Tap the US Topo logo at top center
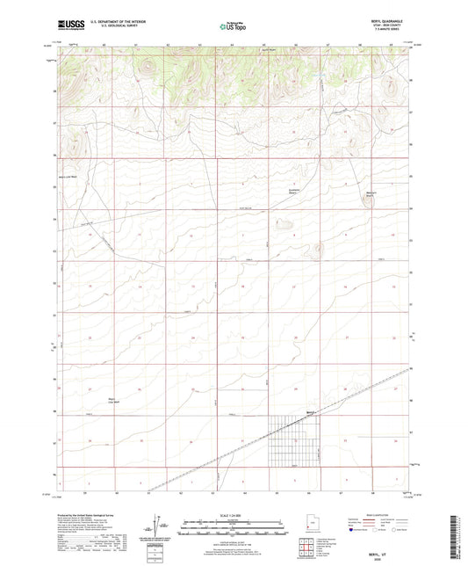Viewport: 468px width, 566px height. pyautogui.click(x=234, y=27)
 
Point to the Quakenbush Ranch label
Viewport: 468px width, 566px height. pyautogui.click(x=297, y=192)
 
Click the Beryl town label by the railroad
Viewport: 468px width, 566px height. pyautogui.click(x=310, y=411)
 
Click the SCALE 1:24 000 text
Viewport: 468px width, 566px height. pyautogui.click(x=233, y=514)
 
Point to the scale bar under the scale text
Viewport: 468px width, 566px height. pyautogui.click(x=233, y=526)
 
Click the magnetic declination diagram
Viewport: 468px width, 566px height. pyautogui.click(x=162, y=527)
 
